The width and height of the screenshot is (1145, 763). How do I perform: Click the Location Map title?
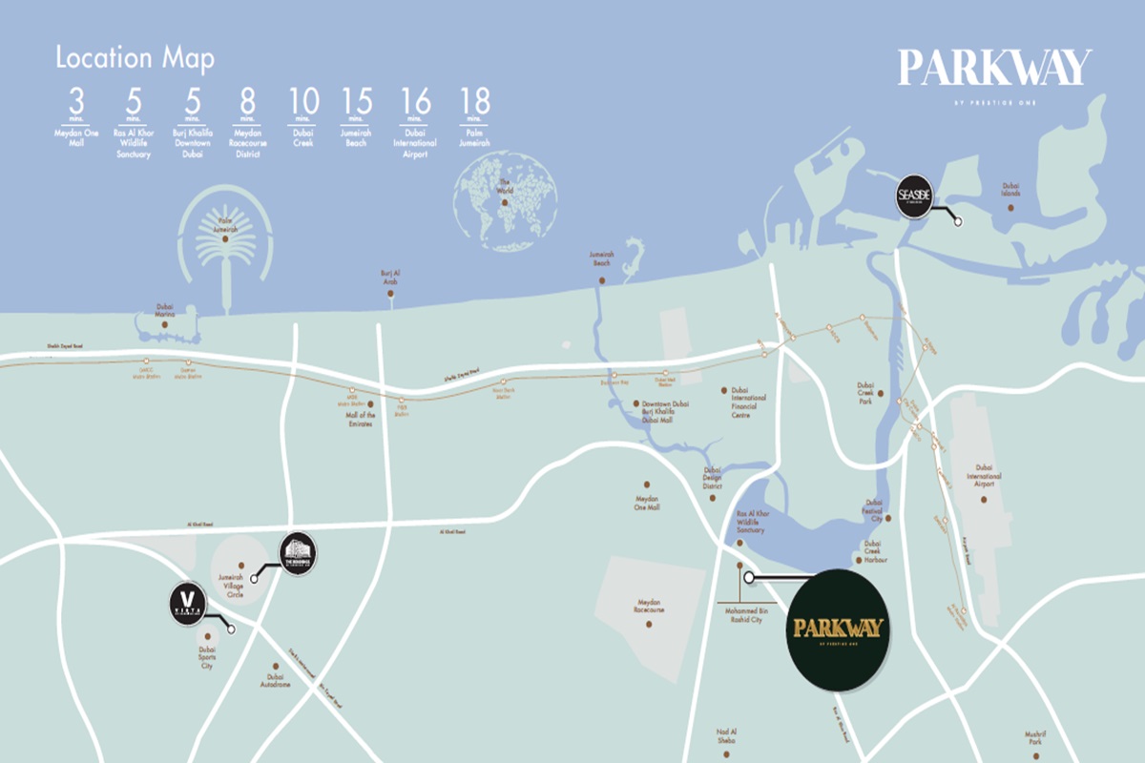click(x=134, y=58)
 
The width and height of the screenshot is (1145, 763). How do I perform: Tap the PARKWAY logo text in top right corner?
click(x=994, y=69)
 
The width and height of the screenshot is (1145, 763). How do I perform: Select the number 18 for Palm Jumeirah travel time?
click(x=473, y=101)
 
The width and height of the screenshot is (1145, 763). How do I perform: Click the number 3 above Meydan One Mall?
click(x=76, y=101)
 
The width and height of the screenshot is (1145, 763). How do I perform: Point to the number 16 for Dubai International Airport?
click(x=417, y=101)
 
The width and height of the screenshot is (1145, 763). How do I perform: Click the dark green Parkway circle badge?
click(x=838, y=630)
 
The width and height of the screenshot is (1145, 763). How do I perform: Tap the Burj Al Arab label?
click(x=390, y=277)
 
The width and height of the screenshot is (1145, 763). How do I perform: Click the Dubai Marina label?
click(x=165, y=312)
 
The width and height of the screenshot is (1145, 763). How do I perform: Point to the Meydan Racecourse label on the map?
click(x=649, y=608)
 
